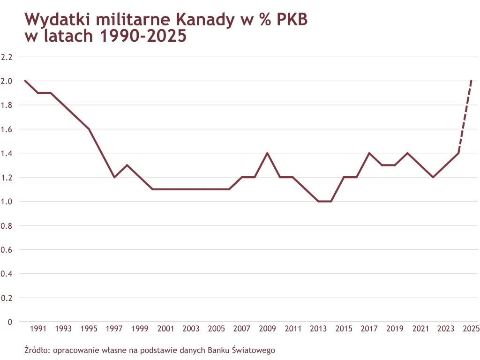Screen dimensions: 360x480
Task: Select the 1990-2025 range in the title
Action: pos(143,37)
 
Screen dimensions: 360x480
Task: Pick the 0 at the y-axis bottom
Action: pos(9,322)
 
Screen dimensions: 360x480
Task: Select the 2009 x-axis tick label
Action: pos(267,329)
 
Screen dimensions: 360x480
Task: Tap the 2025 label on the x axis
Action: pos(471,329)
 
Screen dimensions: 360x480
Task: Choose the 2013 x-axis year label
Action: pos(318,329)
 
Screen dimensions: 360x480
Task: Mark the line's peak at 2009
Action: pos(267,153)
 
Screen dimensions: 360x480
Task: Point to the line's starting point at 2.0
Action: pos(25,81)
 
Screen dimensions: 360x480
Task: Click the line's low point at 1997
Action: pos(114,177)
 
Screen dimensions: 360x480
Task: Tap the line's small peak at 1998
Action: pos(127,165)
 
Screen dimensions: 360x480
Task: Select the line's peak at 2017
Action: pos(369,153)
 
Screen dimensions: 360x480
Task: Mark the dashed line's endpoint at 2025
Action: pos(471,81)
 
